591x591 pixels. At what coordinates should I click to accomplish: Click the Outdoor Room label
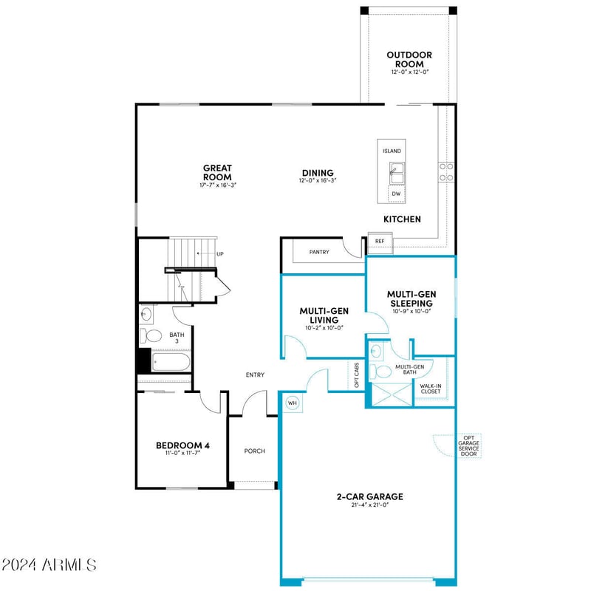[x=409, y=60]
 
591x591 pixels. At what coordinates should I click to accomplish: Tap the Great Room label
[x=217, y=173]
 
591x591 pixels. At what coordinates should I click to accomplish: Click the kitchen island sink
[x=396, y=174]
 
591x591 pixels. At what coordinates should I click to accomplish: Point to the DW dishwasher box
[x=396, y=194]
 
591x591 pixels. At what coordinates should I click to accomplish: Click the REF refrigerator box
[x=380, y=241]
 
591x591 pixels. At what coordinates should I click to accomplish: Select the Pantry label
[x=319, y=252]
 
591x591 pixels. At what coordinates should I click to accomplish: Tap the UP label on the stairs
[x=219, y=254]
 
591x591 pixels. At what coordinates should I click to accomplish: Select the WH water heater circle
[x=291, y=403]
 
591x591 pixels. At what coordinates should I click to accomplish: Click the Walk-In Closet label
[x=431, y=389]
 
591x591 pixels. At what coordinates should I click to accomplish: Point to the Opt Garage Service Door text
[x=468, y=445]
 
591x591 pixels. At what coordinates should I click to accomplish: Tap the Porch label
[x=254, y=451]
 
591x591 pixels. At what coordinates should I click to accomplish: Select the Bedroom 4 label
[x=183, y=445]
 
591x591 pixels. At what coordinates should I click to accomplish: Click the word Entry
[x=255, y=375]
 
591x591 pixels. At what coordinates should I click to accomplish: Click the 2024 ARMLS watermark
[x=49, y=565]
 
